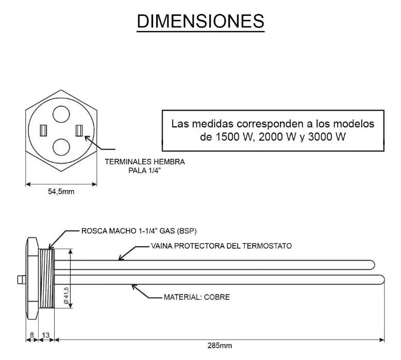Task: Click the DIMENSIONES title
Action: (x=201, y=21)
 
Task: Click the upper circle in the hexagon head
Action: (x=62, y=114)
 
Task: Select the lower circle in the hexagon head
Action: (x=62, y=147)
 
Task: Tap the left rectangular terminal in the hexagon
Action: (x=44, y=130)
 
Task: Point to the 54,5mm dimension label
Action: (x=60, y=192)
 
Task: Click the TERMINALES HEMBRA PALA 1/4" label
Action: (x=145, y=166)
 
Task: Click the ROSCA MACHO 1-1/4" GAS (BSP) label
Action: (x=139, y=230)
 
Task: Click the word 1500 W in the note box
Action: (x=224, y=138)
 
